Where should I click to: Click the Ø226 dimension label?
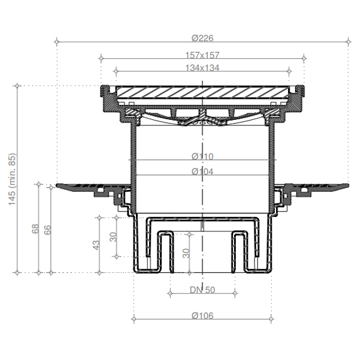202,38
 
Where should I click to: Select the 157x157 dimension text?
202,55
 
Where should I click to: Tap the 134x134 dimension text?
202,68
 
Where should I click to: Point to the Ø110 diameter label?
202,156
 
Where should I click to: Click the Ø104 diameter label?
202,171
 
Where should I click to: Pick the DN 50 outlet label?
202,290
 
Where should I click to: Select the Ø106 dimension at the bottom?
202,316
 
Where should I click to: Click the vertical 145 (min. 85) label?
12,179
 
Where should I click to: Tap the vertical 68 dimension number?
35,229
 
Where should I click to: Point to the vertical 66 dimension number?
48,230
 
